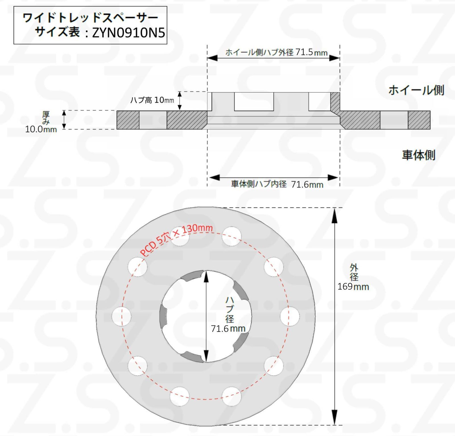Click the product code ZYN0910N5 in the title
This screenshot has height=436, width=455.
(128, 33)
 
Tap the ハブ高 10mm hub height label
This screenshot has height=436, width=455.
(152, 100)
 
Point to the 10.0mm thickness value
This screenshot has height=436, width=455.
(41, 129)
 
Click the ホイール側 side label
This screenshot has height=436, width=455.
(416, 90)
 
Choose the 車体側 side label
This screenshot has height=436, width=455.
(418, 155)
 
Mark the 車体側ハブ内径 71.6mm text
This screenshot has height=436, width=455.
(277, 184)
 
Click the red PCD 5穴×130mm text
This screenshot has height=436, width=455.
(176, 239)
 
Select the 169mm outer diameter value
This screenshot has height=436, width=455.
(353, 286)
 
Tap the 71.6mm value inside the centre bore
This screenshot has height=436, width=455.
(228, 328)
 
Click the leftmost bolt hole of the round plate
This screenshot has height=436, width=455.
(121, 317)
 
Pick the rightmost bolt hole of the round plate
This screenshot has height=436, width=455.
(289, 317)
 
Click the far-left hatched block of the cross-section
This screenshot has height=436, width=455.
(128, 120)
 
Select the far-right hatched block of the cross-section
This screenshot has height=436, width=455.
(419, 120)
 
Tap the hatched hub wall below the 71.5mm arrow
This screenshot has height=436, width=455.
(335, 102)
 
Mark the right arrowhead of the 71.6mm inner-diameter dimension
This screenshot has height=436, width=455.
(333, 178)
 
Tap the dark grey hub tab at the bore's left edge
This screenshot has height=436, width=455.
(163, 316)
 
